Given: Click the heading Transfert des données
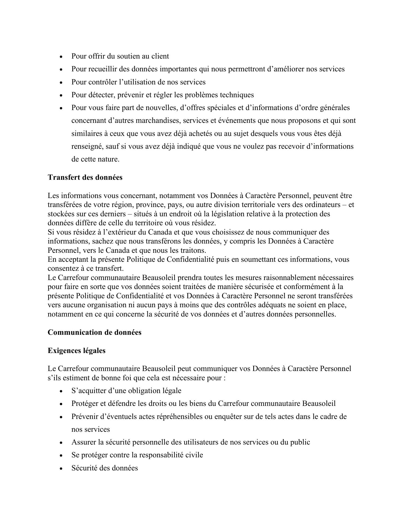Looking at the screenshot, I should (85, 177).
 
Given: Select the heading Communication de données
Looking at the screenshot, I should (94, 332).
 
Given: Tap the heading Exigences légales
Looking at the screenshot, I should (76, 351).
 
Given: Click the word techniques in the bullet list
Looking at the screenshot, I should (237, 95).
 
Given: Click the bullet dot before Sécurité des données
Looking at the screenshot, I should (61, 469).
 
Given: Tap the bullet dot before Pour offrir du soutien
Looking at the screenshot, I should (61, 57).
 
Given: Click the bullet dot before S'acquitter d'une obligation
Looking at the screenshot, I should (61, 391).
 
